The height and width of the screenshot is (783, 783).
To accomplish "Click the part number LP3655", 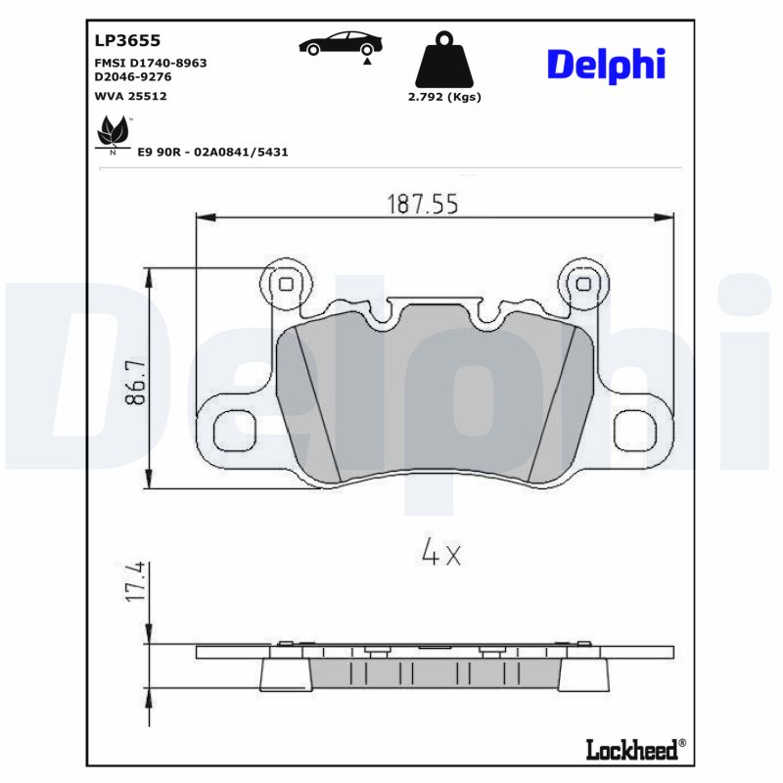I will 127,40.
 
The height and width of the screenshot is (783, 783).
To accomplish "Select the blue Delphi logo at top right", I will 606,64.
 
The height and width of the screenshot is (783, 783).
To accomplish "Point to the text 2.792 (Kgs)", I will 444,97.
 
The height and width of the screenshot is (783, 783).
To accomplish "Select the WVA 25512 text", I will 131,96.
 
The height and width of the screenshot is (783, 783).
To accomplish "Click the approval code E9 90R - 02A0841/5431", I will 212,152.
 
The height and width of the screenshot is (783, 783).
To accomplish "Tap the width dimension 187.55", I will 423,204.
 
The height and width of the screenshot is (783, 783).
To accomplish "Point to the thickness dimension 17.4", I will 135,581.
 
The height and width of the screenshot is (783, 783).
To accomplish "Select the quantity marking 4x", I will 439,554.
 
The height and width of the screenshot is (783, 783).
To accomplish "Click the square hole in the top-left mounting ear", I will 286,284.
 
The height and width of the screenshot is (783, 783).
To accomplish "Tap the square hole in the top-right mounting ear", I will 584,284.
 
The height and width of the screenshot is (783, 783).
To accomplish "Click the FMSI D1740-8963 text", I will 150,63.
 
